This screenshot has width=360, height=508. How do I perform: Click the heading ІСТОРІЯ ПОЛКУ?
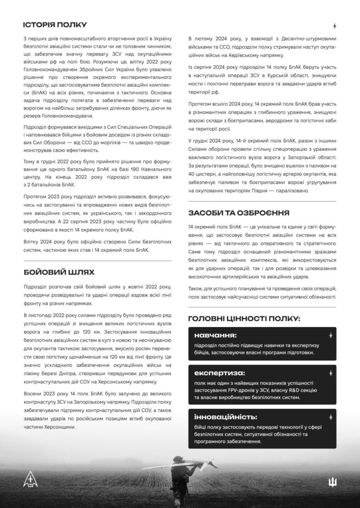click(55, 25)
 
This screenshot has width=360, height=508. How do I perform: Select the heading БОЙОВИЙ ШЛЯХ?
click(59, 272)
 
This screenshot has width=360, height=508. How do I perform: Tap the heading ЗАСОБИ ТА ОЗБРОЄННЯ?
click(239, 213)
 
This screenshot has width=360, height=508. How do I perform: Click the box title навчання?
click(215, 335)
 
